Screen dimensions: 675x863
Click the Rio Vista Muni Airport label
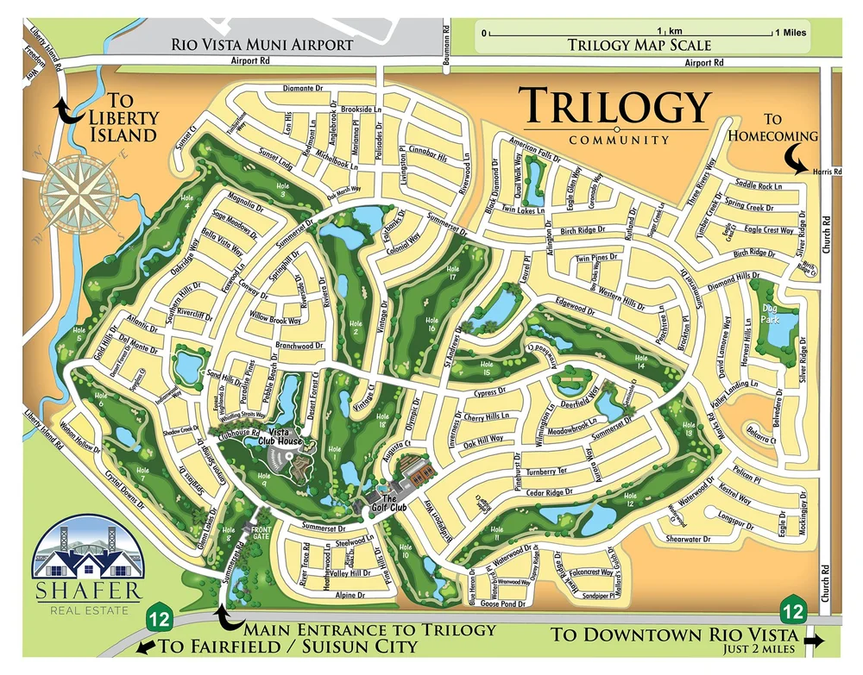(x=261, y=44)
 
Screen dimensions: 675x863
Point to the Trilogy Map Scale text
(x=639, y=45)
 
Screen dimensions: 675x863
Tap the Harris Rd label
(x=827, y=172)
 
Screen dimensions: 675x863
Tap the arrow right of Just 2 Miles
(x=815, y=641)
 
